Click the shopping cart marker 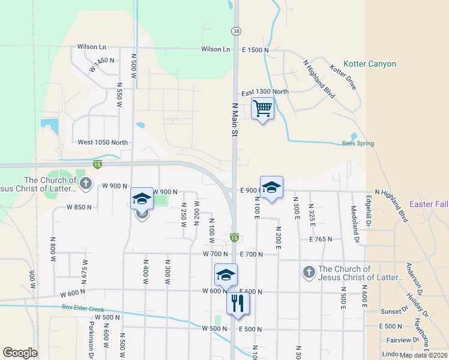[x=262, y=109]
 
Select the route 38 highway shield [x=237, y=31]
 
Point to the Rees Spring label [x=358, y=143]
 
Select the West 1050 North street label [x=103, y=143]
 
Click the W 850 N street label [x=80, y=208]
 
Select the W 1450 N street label [x=101, y=65]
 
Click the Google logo [x=20, y=353]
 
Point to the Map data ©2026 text [x=424, y=355]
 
